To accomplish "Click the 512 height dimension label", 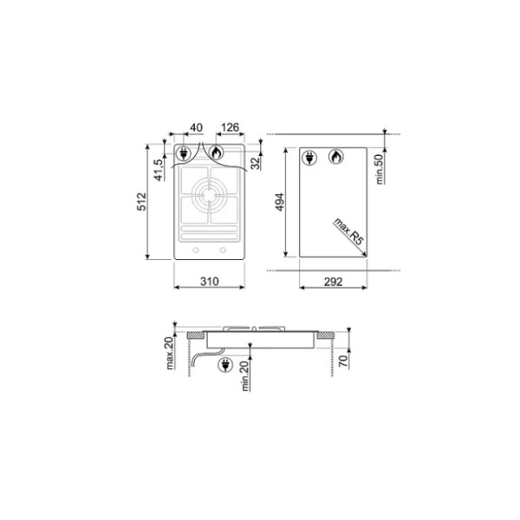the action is coord(141,202).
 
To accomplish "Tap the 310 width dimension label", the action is coord(209,282).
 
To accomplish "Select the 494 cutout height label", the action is coord(280,202).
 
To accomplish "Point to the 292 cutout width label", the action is coord(333,282).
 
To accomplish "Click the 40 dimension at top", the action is coord(196,127).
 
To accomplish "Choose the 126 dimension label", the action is coord(230,127).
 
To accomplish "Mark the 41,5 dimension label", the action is coord(159,170).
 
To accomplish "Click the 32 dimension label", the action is coord(256,164).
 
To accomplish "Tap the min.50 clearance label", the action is coord(379,169).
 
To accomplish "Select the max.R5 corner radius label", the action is coord(349,231).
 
